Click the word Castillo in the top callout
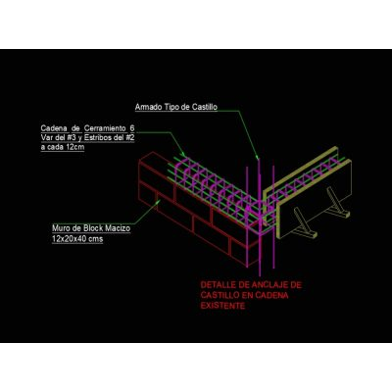pos(205,107)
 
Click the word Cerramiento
pos(104,127)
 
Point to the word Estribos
pos(97,137)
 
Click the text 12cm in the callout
pos(75,147)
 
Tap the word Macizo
pos(119,228)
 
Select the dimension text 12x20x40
pos(69,239)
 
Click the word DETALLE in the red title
pos(216,285)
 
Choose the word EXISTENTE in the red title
pos(222,306)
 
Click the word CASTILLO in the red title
pos(220,296)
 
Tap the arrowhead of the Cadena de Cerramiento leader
pos(184,155)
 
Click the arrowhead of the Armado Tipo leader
pos(258,158)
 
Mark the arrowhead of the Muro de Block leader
pos(159,202)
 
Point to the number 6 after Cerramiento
pos(131,127)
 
